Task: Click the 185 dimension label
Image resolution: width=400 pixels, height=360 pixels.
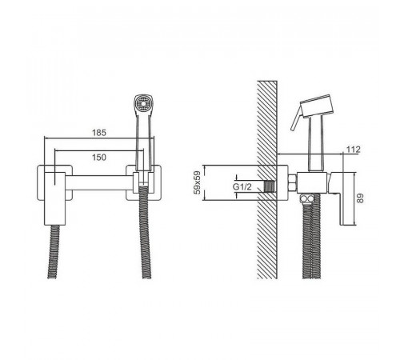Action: tap(99, 133)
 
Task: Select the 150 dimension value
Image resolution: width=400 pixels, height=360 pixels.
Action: tap(99, 158)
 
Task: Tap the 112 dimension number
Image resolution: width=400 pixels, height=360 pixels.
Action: tap(354, 150)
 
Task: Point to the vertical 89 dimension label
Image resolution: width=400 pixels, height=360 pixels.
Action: tap(360, 198)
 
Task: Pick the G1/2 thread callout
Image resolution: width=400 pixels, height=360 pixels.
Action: tap(242, 186)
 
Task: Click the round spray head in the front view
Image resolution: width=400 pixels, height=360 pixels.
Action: tap(144, 103)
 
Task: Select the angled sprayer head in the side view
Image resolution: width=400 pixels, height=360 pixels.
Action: tap(316, 106)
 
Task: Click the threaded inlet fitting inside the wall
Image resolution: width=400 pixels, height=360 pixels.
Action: tap(270, 186)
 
